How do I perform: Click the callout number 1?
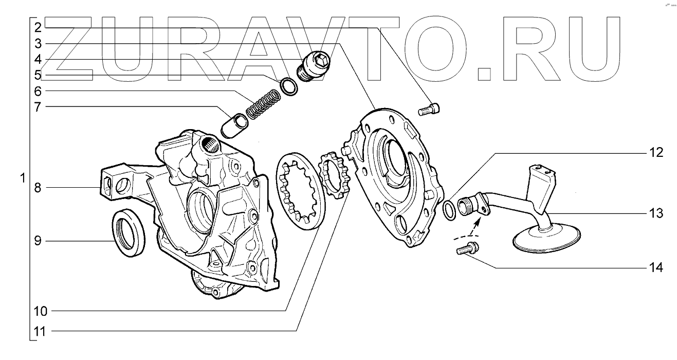[x=23, y=178]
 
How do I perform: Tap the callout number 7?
[x=38, y=106]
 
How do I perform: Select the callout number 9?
[x=38, y=241]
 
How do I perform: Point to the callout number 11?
[x=40, y=331]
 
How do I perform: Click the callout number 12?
[x=656, y=153]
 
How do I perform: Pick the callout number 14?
[x=656, y=267]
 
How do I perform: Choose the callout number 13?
[x=656, y=213]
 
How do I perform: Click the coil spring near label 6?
[x=263, y=104]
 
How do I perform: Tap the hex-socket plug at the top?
[x=314, y=66]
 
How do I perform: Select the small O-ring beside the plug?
[x=289, y=86]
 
